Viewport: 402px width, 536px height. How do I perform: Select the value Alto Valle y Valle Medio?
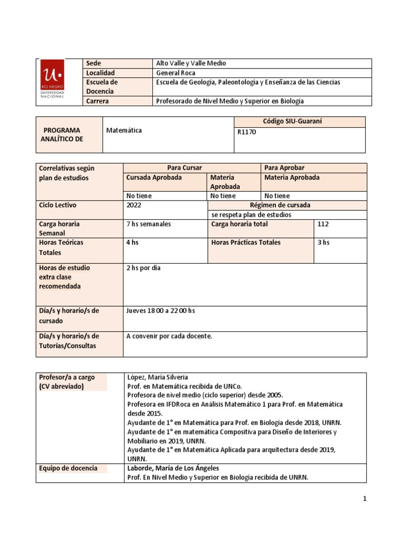click(x=191, y=63)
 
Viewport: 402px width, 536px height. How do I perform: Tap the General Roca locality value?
click(x=176, y=73)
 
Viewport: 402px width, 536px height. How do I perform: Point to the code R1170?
click(x=247, y=132)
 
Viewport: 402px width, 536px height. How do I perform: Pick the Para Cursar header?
click(x=191, y=167)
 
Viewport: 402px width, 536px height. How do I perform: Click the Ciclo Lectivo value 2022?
click(x=134, y=205)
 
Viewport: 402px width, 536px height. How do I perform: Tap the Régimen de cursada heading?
click(x=287, y=205)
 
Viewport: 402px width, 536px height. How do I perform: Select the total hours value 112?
click(x=323, y=224)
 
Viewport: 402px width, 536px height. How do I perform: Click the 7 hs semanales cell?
click(x=149, y=224)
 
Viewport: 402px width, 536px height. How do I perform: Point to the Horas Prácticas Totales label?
click(x=245, y=243)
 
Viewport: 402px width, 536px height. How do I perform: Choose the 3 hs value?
click(x=323, y=243)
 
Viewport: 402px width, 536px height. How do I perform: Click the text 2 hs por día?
click(x=143, y=268)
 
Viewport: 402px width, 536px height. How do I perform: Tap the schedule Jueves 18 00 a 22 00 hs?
click(x=161, y=311)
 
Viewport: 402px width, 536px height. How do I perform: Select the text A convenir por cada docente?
click(x=170, y=336)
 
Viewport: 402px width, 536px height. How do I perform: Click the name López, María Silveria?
click(x=158, y=377)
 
